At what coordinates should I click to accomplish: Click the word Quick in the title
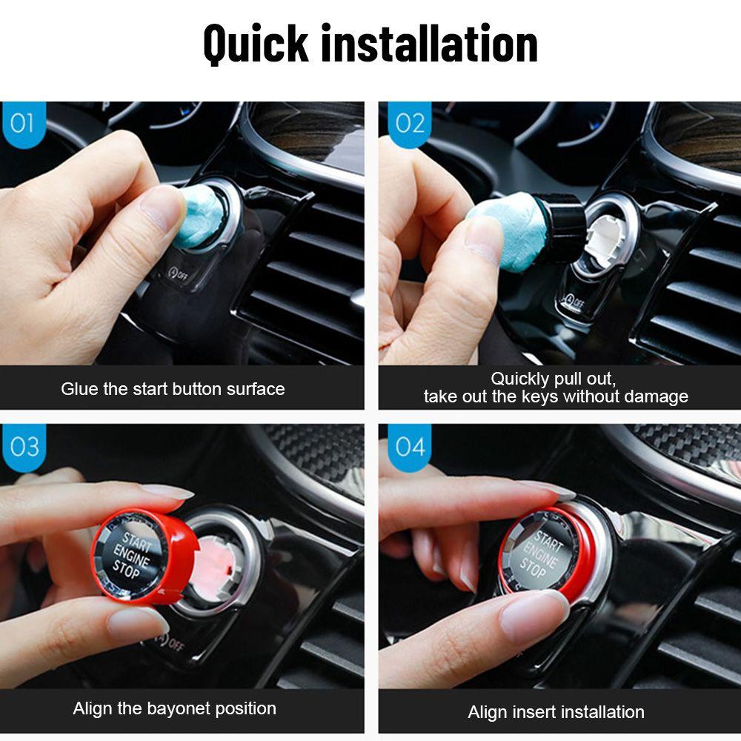click(x=255, y=43)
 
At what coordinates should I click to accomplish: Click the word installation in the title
click(x=429, y=43)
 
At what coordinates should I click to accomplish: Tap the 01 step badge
click(x=22, y=122)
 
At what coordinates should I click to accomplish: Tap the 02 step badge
click(x=410, y=122)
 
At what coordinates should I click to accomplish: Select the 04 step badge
click(x=410, y=446)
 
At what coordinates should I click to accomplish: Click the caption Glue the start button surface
click(x=173, y=388)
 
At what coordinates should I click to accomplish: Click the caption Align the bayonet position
click(x=174, y=708)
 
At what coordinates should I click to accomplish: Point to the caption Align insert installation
click(x=556, y=712)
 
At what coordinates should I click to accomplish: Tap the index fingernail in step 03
click(x=167, y=491)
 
